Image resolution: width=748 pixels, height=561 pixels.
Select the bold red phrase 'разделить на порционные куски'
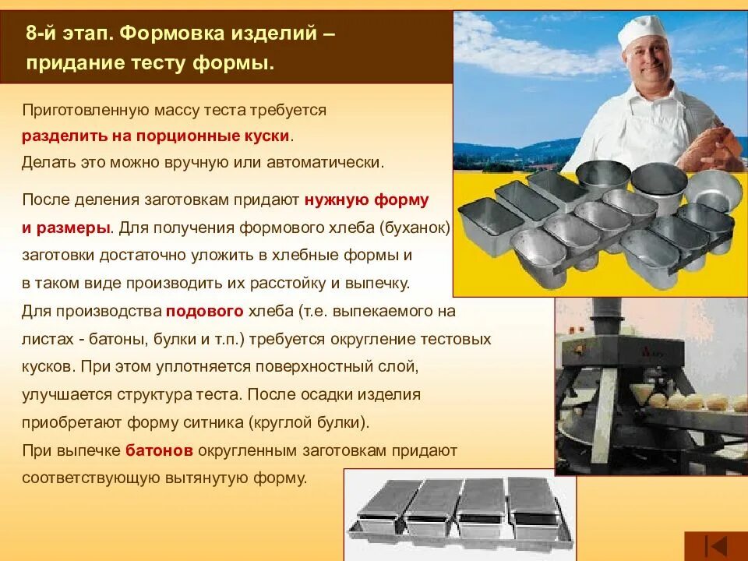pyautogui.click(x=156, y=136)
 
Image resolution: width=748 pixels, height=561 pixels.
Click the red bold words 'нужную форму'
pyautogui.click(x=366, y=199)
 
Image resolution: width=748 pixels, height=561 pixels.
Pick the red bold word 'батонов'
pyautogui.click(x=159, y=450)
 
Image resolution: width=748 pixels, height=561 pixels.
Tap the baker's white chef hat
pyautogui.click(x=644, y=30)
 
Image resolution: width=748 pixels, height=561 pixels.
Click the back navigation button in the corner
pyautogui.click(x=715, y=545)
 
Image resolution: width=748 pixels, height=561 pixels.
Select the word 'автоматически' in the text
pyautogui.click(x=337, y=163)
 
